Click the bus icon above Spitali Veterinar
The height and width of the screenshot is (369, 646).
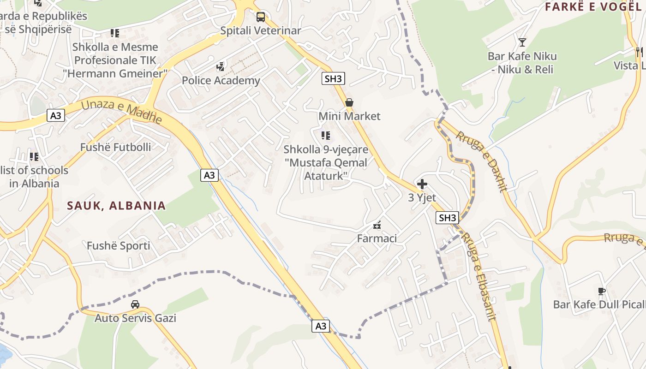pyautogui.click(x=261, y=17)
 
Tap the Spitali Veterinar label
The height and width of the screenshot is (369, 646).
pyautogui.click(x=261, y=31)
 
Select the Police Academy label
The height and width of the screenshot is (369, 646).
pyautogui.click(x=221, y=81)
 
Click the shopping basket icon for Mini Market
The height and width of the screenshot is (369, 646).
pyautogui.click(x=349, y=102)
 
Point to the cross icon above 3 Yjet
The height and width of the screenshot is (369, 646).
pyautogui.click(x=422, y=184)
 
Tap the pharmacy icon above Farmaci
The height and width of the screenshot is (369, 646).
pyautogui.click(x=377, y=225)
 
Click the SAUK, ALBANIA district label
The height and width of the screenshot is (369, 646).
pyautogui.click(x=116, y=206)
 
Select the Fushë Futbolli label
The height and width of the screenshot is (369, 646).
pyautogui.click(x=115, y=147)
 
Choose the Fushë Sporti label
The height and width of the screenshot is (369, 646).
pyautogui.click(x=119, y=246)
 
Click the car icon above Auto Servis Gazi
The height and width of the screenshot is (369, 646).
pyautogui.click(x=135, y=304)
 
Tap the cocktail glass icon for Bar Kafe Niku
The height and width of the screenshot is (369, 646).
pyautogui.click(x=522, y=42)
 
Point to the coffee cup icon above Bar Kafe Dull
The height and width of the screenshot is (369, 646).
pyautogui.click(x=601, y=291)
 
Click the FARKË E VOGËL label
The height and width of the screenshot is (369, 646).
pyautogui.click(x=593, y=7)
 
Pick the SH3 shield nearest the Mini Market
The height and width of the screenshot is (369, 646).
pyautogui.click(x=333, y=78)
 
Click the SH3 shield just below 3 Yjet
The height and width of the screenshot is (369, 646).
pyautogui.click(x=448, y=218)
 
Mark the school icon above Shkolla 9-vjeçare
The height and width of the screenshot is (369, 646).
pyautogui.click(x=326, y=136)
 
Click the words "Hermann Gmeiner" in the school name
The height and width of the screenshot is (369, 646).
pyautogui.click(x=115, y=73)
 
